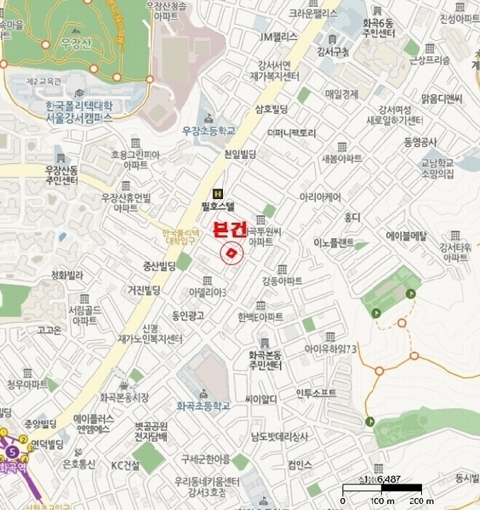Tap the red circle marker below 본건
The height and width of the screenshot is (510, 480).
[x=231, y=253]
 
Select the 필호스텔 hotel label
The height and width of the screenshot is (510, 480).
[x=219, y=206]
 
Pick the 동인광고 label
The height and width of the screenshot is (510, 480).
[x=189, y=316]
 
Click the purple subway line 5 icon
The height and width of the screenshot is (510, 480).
[x=13, y=453]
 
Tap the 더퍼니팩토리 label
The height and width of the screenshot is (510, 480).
[x=291, y=133]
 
